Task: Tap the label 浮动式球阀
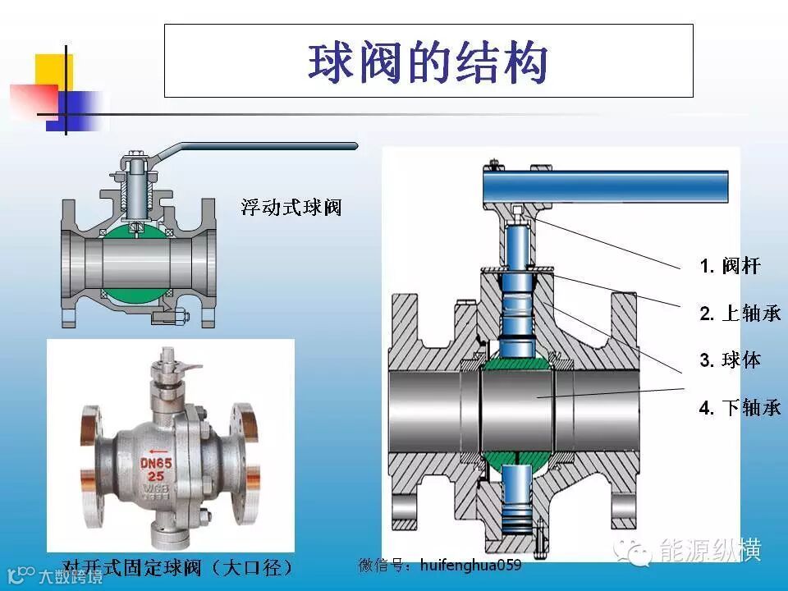(291, 207)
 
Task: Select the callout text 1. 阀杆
(730, 266)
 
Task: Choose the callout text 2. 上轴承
(740, 313)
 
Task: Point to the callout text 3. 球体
(730, 360)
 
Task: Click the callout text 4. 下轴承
(740, 407)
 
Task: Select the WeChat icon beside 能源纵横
(636, 551)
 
